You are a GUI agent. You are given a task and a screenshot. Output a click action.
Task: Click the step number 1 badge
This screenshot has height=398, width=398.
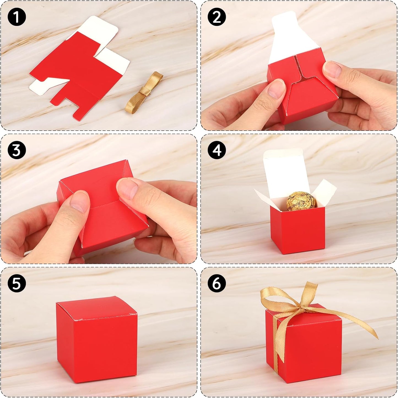17,17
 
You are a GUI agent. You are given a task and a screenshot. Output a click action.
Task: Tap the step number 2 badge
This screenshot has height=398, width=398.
217,17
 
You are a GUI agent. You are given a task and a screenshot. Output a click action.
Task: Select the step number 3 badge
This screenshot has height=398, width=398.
17,150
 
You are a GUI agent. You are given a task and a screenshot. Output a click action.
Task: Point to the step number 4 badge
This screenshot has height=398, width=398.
217,150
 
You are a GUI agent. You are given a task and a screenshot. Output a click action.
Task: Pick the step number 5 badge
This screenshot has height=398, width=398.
17,283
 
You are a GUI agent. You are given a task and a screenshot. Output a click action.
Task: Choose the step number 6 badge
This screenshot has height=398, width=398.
217,283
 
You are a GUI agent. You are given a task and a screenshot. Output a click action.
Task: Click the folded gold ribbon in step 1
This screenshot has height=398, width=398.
143,92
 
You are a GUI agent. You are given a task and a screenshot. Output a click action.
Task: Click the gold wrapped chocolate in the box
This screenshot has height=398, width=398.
301,202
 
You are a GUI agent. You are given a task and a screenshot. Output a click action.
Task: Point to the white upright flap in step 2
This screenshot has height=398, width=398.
289,36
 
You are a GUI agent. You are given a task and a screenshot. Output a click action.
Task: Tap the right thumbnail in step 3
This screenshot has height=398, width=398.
128,189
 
